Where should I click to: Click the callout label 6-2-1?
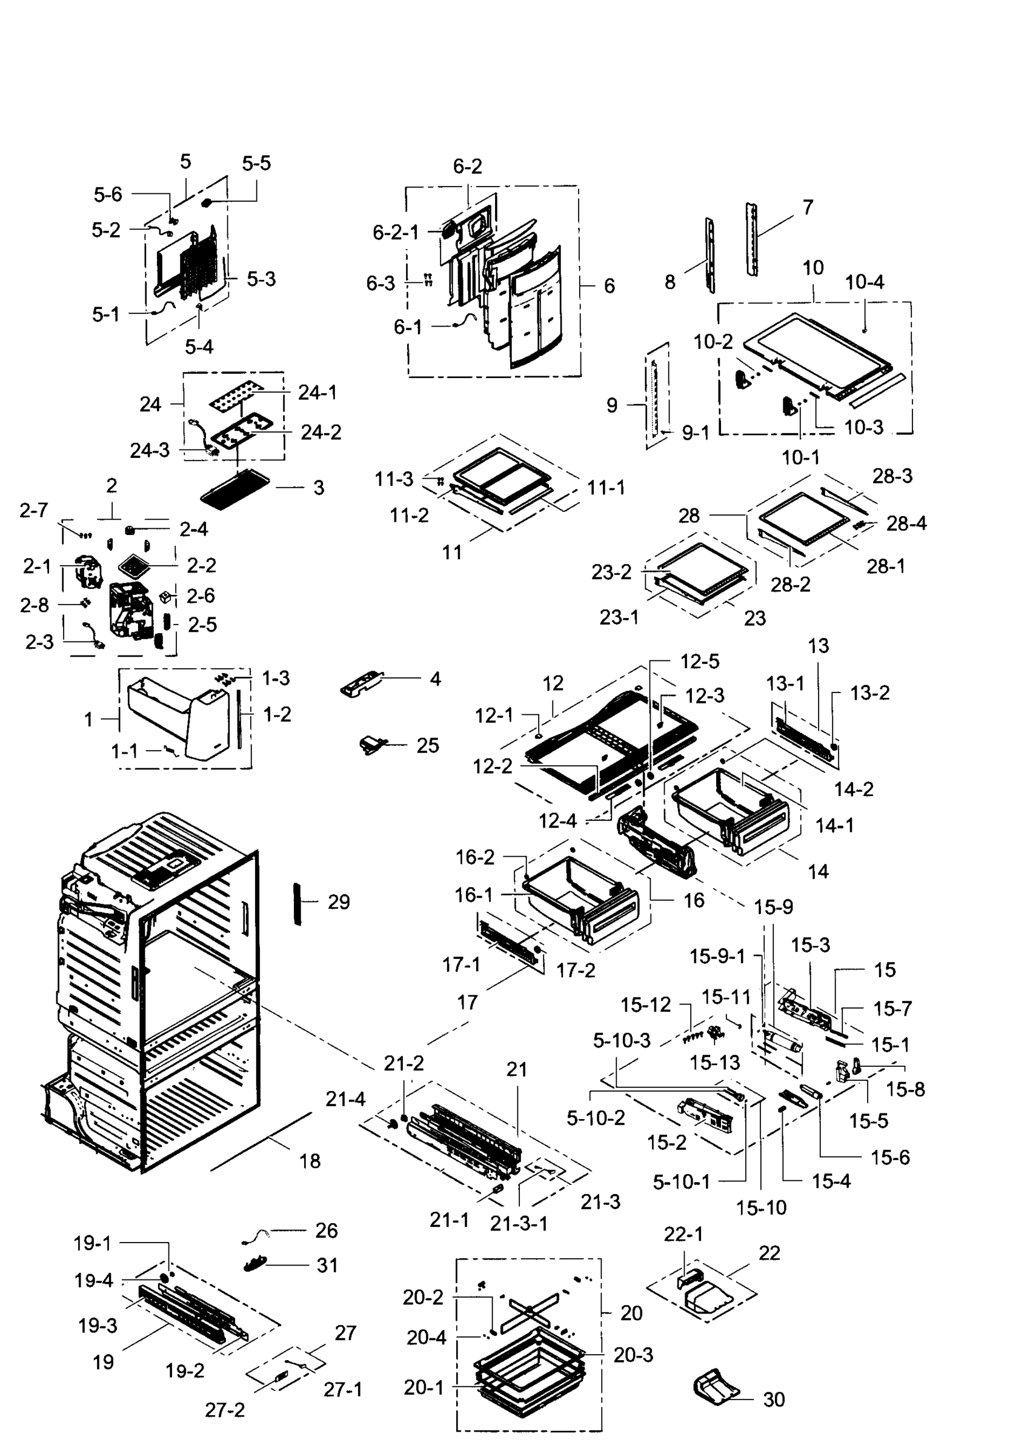click(395, 233)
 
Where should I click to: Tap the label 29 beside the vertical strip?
click(339, 901)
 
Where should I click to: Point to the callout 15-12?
click(645, 1004)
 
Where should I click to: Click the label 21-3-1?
click(518, 1223)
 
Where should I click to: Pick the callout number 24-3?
click(150, 450)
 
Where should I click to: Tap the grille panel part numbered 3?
click(234, 488)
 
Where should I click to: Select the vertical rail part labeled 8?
click(709, 255)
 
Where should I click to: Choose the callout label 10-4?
click(864, 282)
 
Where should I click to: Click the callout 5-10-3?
click(622, 1041)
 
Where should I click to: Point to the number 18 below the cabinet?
click(310, 1161)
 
